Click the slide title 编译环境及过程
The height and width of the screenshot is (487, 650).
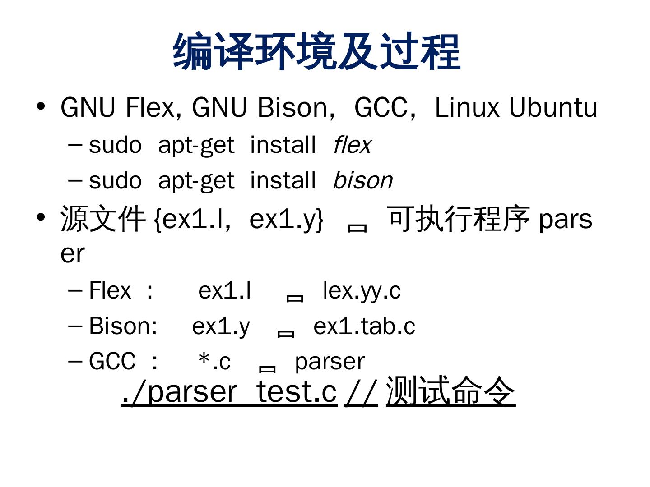(316, 51)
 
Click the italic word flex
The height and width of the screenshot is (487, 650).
(352, 145)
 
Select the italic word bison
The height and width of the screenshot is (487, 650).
(363, 180)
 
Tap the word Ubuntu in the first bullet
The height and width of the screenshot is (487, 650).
(553, 108)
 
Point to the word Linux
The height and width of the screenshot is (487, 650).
(467, 108)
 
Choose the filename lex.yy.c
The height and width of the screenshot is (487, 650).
(362, 291)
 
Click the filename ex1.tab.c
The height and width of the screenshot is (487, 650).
(364, 326)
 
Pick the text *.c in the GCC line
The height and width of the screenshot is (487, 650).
(214, 362)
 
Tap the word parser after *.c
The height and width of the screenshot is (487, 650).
(330, 362)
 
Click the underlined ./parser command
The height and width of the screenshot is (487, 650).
(179, 391)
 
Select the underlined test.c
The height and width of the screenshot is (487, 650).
(297, 391)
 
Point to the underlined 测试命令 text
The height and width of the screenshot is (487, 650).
(450, 391)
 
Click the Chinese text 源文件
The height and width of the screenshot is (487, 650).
(103, 219)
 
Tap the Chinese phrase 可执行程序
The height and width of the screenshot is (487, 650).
(459, 219)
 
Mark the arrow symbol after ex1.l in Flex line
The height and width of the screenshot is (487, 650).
(295, 297)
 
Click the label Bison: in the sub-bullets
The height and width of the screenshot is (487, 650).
(123, 326)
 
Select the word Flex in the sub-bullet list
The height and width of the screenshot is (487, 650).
(110, 291)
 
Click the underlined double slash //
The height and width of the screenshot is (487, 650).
(361, 391)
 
